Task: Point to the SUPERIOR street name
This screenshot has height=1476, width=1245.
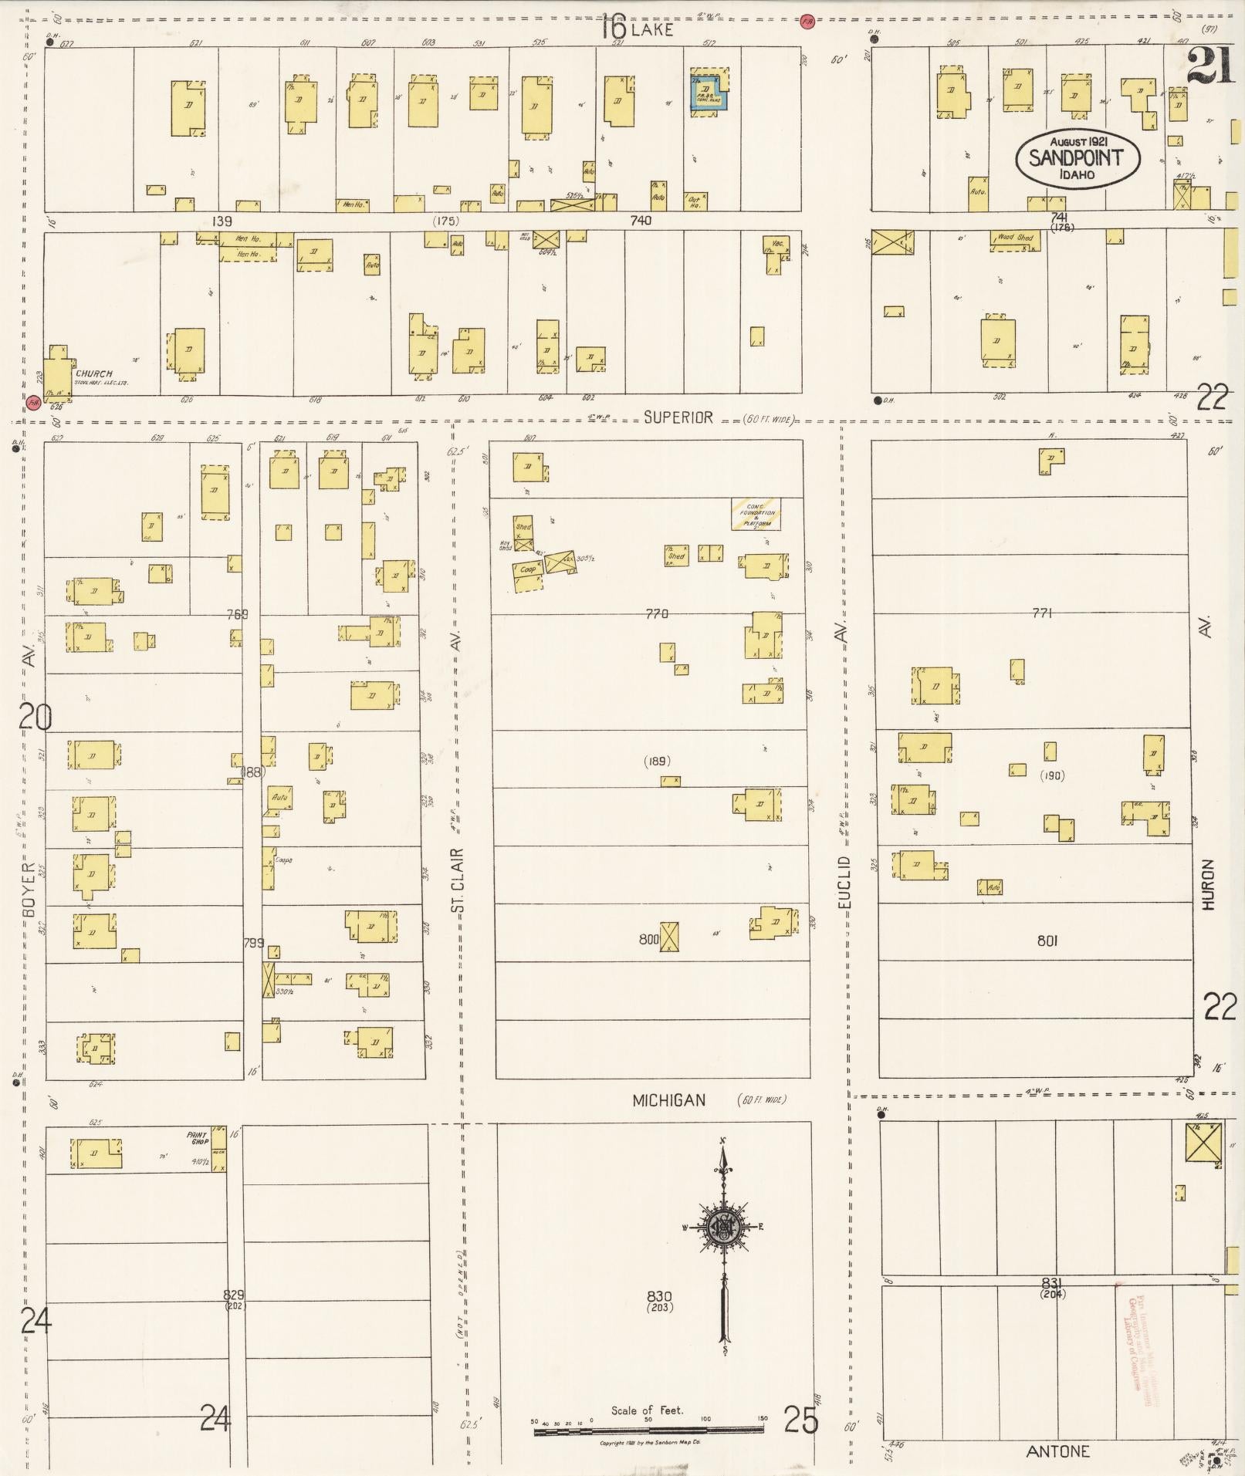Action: point(678,417)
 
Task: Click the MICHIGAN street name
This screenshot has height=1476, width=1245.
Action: point(668,1100)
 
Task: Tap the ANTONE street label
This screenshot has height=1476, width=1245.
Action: point(1057,1451)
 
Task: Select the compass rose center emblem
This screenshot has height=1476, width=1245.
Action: point(724,1226)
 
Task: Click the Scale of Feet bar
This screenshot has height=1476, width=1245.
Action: point(648,1431)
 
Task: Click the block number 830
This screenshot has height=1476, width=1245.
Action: point(659,1296)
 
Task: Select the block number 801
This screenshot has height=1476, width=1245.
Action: point(1047,941)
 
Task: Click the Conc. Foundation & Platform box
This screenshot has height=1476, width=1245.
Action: point(756,514)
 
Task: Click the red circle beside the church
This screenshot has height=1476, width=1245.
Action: point(33,402)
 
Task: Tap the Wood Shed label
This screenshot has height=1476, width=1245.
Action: point(1015,238)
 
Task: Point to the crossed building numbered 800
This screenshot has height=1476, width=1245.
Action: point(669,937)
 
